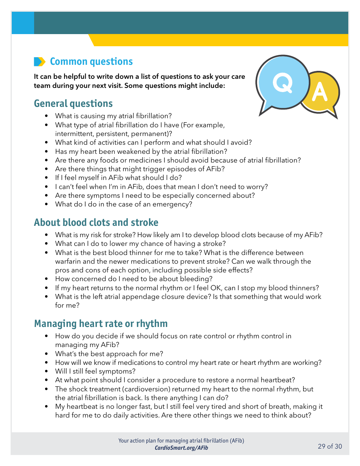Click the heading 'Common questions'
click(x=91, y=62)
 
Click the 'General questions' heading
click(x=73, y=103)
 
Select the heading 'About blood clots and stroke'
click(x=96, y=222)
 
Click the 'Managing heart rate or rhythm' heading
click(x=100, y=324)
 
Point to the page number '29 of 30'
click(x=330, y=446)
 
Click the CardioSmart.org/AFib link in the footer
click(x=181, y=448)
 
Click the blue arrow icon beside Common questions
click(x=39, y=62)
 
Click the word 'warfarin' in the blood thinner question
click(x=68, y=261)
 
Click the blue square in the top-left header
click(x=23, y=23)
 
